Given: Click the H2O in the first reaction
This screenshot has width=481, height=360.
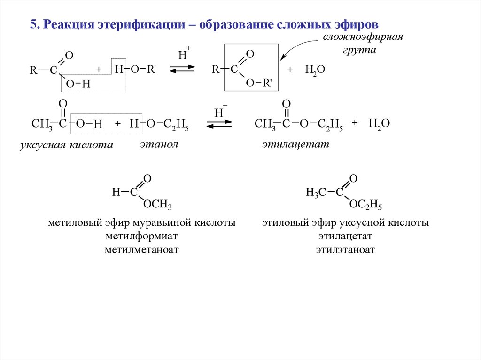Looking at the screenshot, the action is tap(315, 69).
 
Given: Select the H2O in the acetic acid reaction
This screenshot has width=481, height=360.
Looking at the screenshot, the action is tap(379, 123).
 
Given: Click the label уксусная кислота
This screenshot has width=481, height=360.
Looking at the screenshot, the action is tap(67, 145).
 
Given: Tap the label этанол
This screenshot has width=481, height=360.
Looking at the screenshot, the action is tap(159, 144).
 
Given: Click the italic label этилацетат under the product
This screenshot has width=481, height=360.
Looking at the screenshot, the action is tap(295, 144).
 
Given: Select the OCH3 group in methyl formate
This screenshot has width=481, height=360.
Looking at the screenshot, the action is tap(157, 205).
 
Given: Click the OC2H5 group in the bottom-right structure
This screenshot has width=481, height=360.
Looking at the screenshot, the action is tap(366, 205).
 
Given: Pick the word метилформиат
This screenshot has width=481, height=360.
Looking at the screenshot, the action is tap(141, 236).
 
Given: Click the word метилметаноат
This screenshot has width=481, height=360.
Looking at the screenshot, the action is tap(142, 249).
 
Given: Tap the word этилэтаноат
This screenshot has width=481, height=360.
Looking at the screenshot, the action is tap(345, 249).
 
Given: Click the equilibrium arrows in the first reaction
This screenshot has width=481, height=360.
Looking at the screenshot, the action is tap(182, 69).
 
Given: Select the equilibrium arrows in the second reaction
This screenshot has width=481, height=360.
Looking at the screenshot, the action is tap(219, 124).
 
